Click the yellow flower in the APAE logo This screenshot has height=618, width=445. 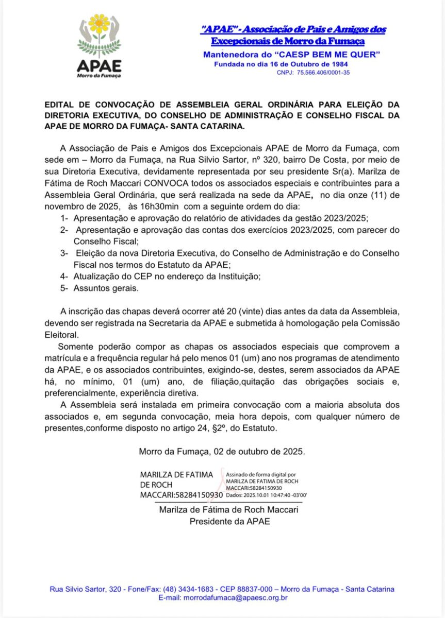(x=99, y=24)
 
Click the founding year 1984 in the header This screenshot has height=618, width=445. (x=337, y=64)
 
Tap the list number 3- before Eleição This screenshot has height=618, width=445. (x=64, y=254)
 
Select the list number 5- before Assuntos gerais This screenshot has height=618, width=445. (x=64, y=288)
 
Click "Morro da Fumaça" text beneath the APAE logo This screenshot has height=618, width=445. (x=98, y=76)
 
